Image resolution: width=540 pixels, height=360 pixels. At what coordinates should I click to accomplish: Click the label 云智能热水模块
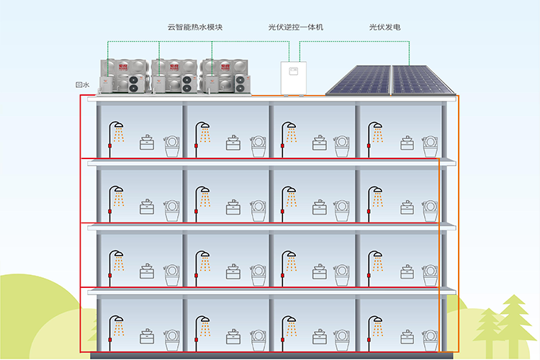(x=195, y=27)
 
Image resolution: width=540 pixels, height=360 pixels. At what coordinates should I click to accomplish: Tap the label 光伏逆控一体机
(x=295, y=27)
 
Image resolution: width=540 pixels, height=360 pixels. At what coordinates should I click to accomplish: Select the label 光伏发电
(x=384, y=27)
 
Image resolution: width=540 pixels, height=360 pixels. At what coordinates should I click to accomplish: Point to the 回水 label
(x=82, y=85)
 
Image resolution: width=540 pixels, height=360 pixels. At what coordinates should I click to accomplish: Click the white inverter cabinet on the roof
(x=294, y=78)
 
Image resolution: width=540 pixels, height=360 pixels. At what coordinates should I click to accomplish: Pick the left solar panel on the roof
(x=359, y=80)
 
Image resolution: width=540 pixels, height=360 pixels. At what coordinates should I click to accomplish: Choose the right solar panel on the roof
(x=422, y=80)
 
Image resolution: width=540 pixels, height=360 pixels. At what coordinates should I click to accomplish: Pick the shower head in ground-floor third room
(x=289, y=320)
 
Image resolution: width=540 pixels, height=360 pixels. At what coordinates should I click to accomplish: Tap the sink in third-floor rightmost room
(x=407, y=207)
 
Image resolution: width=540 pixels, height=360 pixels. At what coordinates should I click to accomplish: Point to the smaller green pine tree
(x=488, y=328)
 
